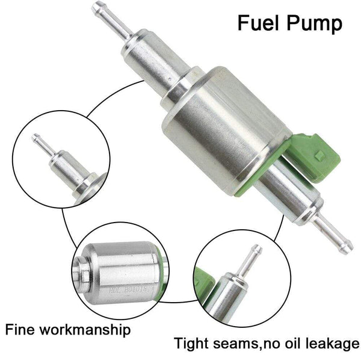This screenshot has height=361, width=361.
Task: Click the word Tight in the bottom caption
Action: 193,345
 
